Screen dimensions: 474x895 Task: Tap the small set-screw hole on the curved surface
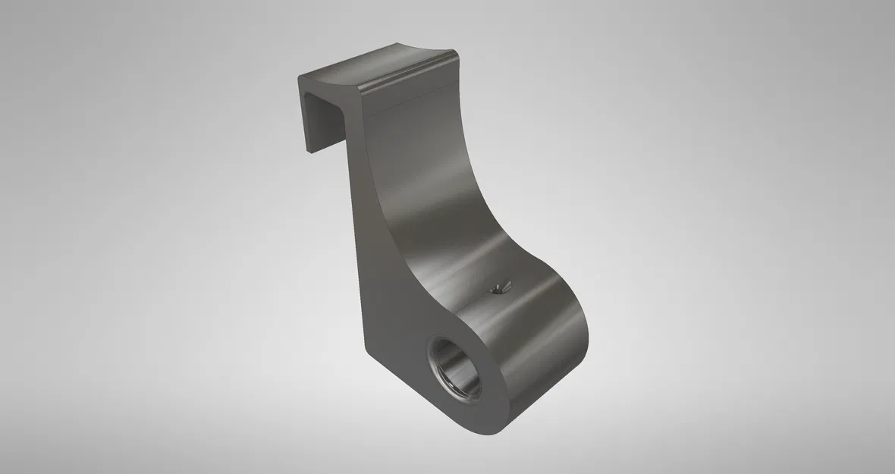point(498,286)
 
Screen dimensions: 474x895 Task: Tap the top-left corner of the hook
point(299,76)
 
